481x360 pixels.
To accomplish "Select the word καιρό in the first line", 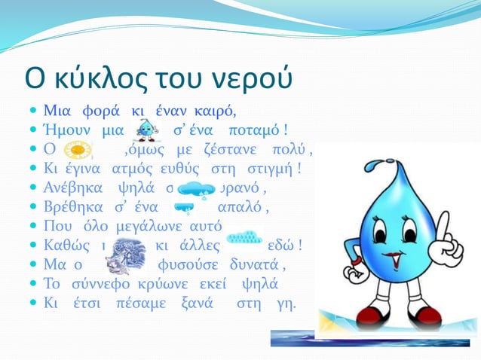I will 216,113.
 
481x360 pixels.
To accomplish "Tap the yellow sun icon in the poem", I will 76,151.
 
